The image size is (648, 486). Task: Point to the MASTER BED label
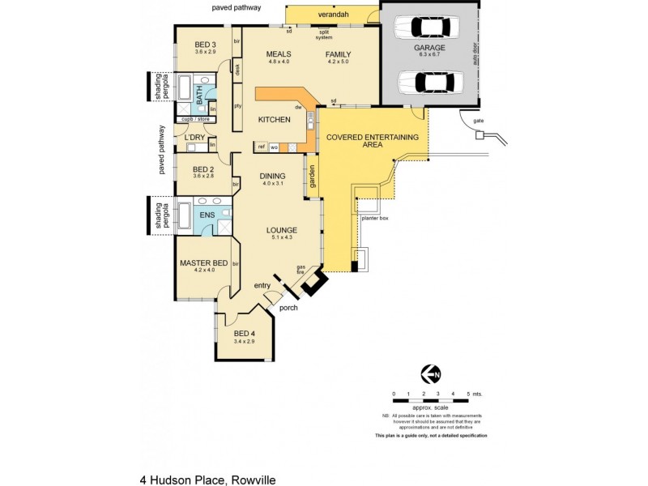pyautogui.click(x=202, y=263)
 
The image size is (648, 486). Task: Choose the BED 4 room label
pyautogui.click(x=244, y=334)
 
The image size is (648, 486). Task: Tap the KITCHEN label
pyautogui.click(x=274, y=120)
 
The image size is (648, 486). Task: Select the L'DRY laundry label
pyautogui.click(x=194, y=138)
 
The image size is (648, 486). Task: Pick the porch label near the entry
pyautogui.click(x=288, y=308)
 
